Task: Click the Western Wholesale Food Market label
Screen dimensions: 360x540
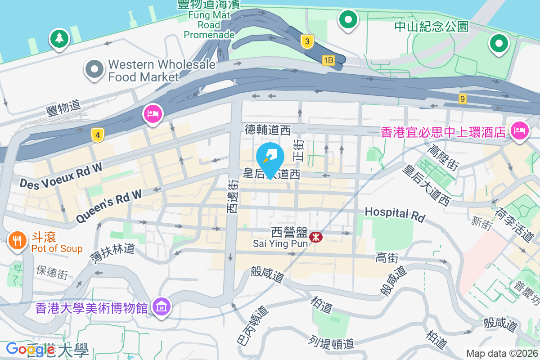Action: click(161, 71)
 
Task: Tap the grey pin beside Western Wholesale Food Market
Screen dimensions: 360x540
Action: click(94, 70)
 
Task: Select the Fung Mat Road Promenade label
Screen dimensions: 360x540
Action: click(209, 26)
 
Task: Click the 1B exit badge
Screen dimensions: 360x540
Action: click(328, 60)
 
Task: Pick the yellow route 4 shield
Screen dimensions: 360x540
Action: click(97, 134)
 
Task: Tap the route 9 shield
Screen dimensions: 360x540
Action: click(462, 99)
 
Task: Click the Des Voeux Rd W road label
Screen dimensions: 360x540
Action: click(61, 175)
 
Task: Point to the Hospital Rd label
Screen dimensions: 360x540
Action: click(395, 214)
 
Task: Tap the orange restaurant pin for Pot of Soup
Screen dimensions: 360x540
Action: click(17, 240)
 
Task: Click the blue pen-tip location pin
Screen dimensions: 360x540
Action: click(270, 157)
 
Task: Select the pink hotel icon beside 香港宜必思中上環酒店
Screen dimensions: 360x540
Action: click(519, 131)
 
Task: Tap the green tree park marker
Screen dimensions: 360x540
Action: click(59, 39)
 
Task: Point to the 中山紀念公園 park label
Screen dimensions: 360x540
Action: click(431, 27)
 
